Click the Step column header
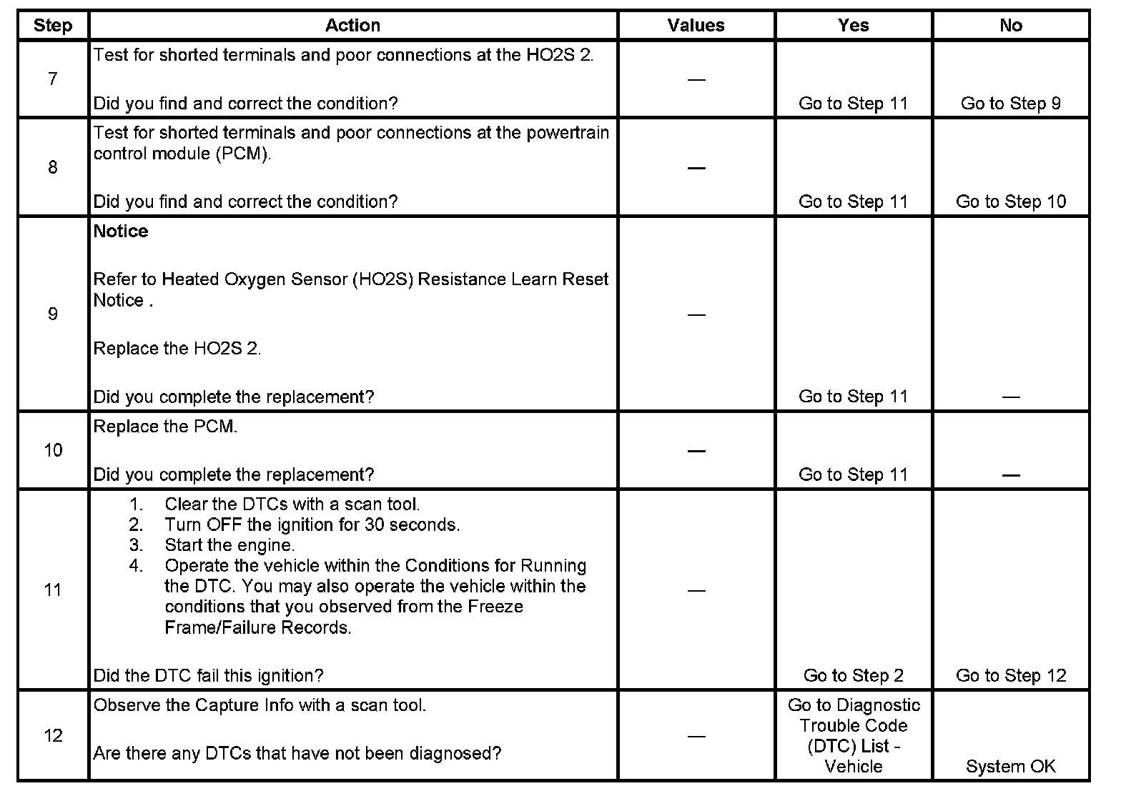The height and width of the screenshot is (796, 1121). pos(53,26)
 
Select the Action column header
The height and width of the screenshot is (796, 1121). pos(352,26)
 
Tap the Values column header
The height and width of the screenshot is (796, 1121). pos(696,26)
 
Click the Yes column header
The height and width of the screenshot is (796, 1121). pos(853,26)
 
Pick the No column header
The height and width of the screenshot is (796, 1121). pos(1010,26)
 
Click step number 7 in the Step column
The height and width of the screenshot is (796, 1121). pos(53,79)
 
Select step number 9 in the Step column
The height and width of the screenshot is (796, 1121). pos(53,314)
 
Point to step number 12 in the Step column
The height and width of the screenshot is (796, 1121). pos(53,736)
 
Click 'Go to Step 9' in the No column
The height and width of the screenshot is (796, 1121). pos(1010,104)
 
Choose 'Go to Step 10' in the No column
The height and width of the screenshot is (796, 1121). pos(1010,202)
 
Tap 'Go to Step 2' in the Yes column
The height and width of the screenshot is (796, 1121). pos(853,675)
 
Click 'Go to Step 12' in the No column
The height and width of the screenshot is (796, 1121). pos(1010,675)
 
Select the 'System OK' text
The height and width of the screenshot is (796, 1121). pos(1010,767)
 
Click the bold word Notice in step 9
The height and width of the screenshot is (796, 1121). pos(121,232)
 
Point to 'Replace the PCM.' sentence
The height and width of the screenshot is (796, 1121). pos(165,427)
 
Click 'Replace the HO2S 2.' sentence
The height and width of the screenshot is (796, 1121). pos(177,349)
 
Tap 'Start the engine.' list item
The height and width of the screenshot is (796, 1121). pos(229,545)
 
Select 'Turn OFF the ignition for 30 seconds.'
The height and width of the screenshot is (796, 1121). pos(312,524)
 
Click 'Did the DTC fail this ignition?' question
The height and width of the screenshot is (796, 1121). pos(209,675)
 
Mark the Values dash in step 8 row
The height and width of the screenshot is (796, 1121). pos(696,168)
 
